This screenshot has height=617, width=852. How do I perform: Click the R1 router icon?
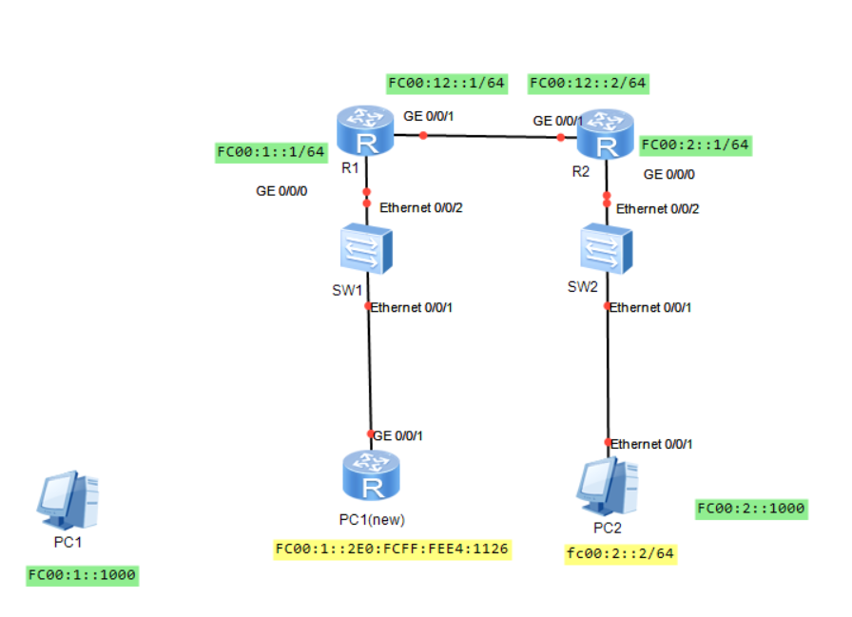tap(364, 132)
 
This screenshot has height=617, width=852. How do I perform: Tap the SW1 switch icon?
tap(367, 251)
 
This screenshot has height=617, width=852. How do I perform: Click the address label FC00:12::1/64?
tap(446, 83)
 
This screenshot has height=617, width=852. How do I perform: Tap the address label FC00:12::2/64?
tap(588, 83)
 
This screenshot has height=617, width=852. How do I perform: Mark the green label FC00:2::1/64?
tap(695, 145)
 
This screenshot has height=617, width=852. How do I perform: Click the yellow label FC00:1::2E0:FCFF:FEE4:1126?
tap(392, 549)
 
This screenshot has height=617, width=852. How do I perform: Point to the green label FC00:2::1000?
tap(750, 509)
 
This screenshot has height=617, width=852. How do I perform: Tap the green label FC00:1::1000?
tap(83, 575)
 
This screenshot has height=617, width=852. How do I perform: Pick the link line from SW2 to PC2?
tap(608, 376)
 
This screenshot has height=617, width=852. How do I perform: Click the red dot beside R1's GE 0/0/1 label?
tap(423, 135)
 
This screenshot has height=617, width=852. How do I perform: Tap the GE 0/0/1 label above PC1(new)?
tap(398, 435)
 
